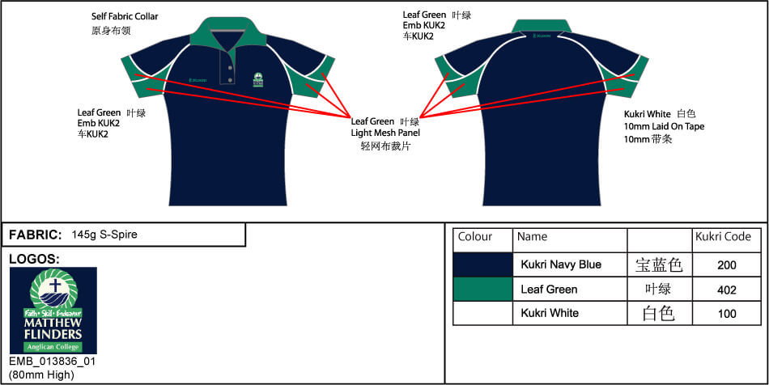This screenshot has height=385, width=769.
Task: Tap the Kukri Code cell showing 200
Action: [x=726, y=264]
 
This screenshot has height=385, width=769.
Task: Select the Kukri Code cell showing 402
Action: [x=726, y=289]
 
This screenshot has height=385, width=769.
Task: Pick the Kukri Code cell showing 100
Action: [x=726, y=313]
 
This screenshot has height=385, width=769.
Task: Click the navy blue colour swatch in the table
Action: [x=482, y=264]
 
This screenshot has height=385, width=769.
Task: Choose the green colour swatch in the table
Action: [x=482, y=289]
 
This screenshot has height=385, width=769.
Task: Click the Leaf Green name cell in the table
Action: [x=549, y=289]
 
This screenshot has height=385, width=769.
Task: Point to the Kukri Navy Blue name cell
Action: [x=561, y=264]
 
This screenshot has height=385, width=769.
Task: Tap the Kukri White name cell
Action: [x=550, y=313]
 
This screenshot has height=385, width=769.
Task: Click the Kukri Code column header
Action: [x=724, y=238]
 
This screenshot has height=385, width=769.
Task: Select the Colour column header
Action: [x=475, y=237]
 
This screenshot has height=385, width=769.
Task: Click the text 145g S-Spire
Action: [x=104, y=235]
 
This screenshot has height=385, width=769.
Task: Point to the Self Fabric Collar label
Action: [x=125, y=16]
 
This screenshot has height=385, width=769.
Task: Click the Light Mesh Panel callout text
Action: [x=385, y=133]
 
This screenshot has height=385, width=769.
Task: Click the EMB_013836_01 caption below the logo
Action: [x=52, y=361]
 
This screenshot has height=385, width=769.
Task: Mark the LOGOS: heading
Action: [x=34, y=259]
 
